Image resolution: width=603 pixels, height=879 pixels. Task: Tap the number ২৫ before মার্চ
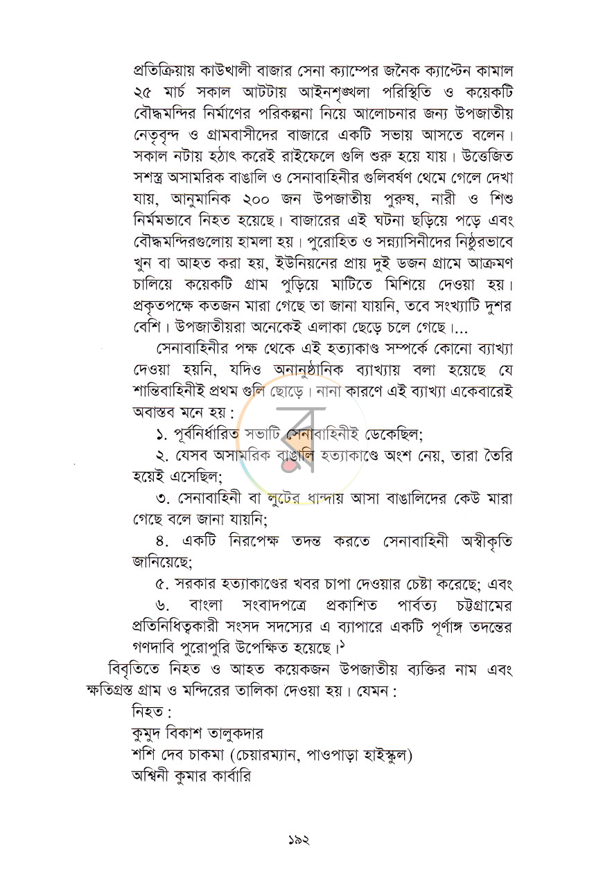click(x=143, y=92)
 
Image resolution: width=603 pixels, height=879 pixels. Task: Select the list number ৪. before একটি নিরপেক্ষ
click(x=164, y=542)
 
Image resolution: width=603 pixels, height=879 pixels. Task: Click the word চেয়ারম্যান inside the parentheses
click(x=263, y=754)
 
